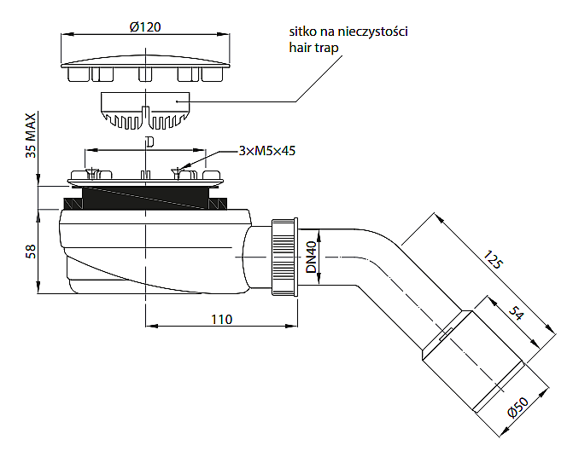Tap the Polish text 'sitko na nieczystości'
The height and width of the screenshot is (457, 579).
348,32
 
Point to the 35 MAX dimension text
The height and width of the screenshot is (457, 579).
31,136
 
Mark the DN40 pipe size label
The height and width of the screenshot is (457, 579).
312,257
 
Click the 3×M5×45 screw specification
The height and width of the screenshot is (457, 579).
267,151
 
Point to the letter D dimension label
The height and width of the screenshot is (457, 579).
149,141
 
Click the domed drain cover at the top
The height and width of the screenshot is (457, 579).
147,60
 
